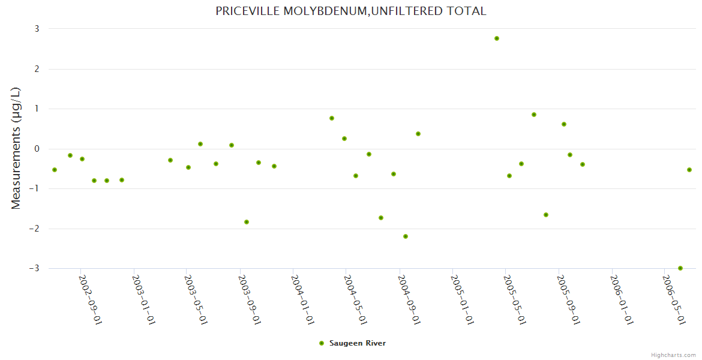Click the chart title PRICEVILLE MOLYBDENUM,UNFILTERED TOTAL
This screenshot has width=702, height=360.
(x=350, y=11)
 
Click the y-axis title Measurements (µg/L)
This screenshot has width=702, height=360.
(x=16, y=148)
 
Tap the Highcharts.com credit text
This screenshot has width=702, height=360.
(x=673, y=355)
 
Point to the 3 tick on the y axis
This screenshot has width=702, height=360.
(x=37, y=29)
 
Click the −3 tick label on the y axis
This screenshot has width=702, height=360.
(x=34, y=268)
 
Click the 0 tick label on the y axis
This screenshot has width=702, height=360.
(x=37, y=149)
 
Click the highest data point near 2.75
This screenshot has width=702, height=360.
(x=497, y=38)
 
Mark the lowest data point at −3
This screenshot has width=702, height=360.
(x=680, y=268)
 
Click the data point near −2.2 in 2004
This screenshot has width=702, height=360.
(x=406, y=236)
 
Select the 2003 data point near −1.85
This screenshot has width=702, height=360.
(x=247, y=222)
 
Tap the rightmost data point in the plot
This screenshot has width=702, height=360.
(x=689, y=170)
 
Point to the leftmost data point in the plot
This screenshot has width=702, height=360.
(x=55, y=170)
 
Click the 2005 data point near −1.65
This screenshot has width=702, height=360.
(x=546, y=215)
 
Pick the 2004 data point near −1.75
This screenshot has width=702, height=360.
(x=381, y=218)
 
